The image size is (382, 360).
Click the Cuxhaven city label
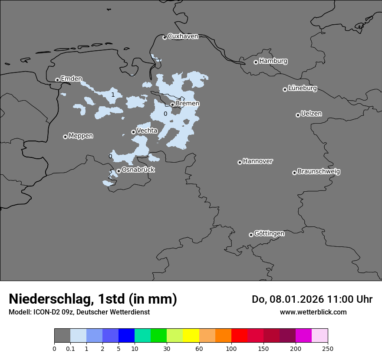point(183,36)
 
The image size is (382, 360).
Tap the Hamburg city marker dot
point(256,62)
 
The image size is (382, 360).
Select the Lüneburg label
point(302,88)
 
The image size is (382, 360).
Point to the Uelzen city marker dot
point(298,115)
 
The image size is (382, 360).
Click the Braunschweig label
point(319,171)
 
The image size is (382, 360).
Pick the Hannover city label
point(257,161)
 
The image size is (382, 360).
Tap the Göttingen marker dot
point(251,235)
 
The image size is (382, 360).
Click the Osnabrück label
point(138,170)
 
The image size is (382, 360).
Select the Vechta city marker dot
point(133,132)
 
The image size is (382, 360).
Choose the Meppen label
point(81,136)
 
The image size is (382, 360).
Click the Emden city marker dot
point(57,80)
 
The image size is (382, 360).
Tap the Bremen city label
point(188,103)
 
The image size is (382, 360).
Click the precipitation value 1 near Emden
point(113,95)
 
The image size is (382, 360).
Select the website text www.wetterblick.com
point(313,312)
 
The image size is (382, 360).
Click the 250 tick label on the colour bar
point(328,349)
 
